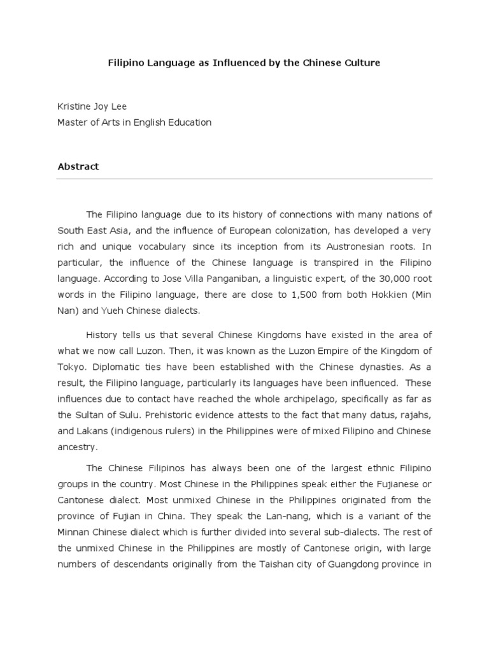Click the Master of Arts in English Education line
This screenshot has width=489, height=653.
134,122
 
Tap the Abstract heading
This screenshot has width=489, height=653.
78,166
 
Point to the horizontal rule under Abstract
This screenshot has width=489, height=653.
244,179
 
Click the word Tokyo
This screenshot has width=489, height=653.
72,367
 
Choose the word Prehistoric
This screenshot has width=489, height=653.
180,415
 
